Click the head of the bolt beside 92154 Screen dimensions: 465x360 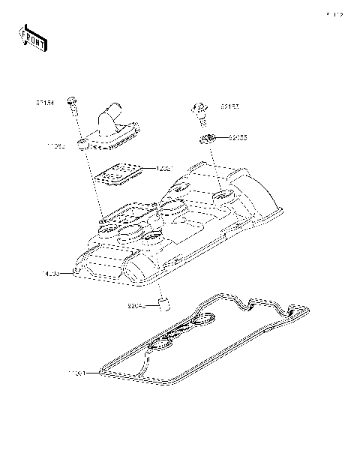(x=72, y=100)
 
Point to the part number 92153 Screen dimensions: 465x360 (x=229, y=107)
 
